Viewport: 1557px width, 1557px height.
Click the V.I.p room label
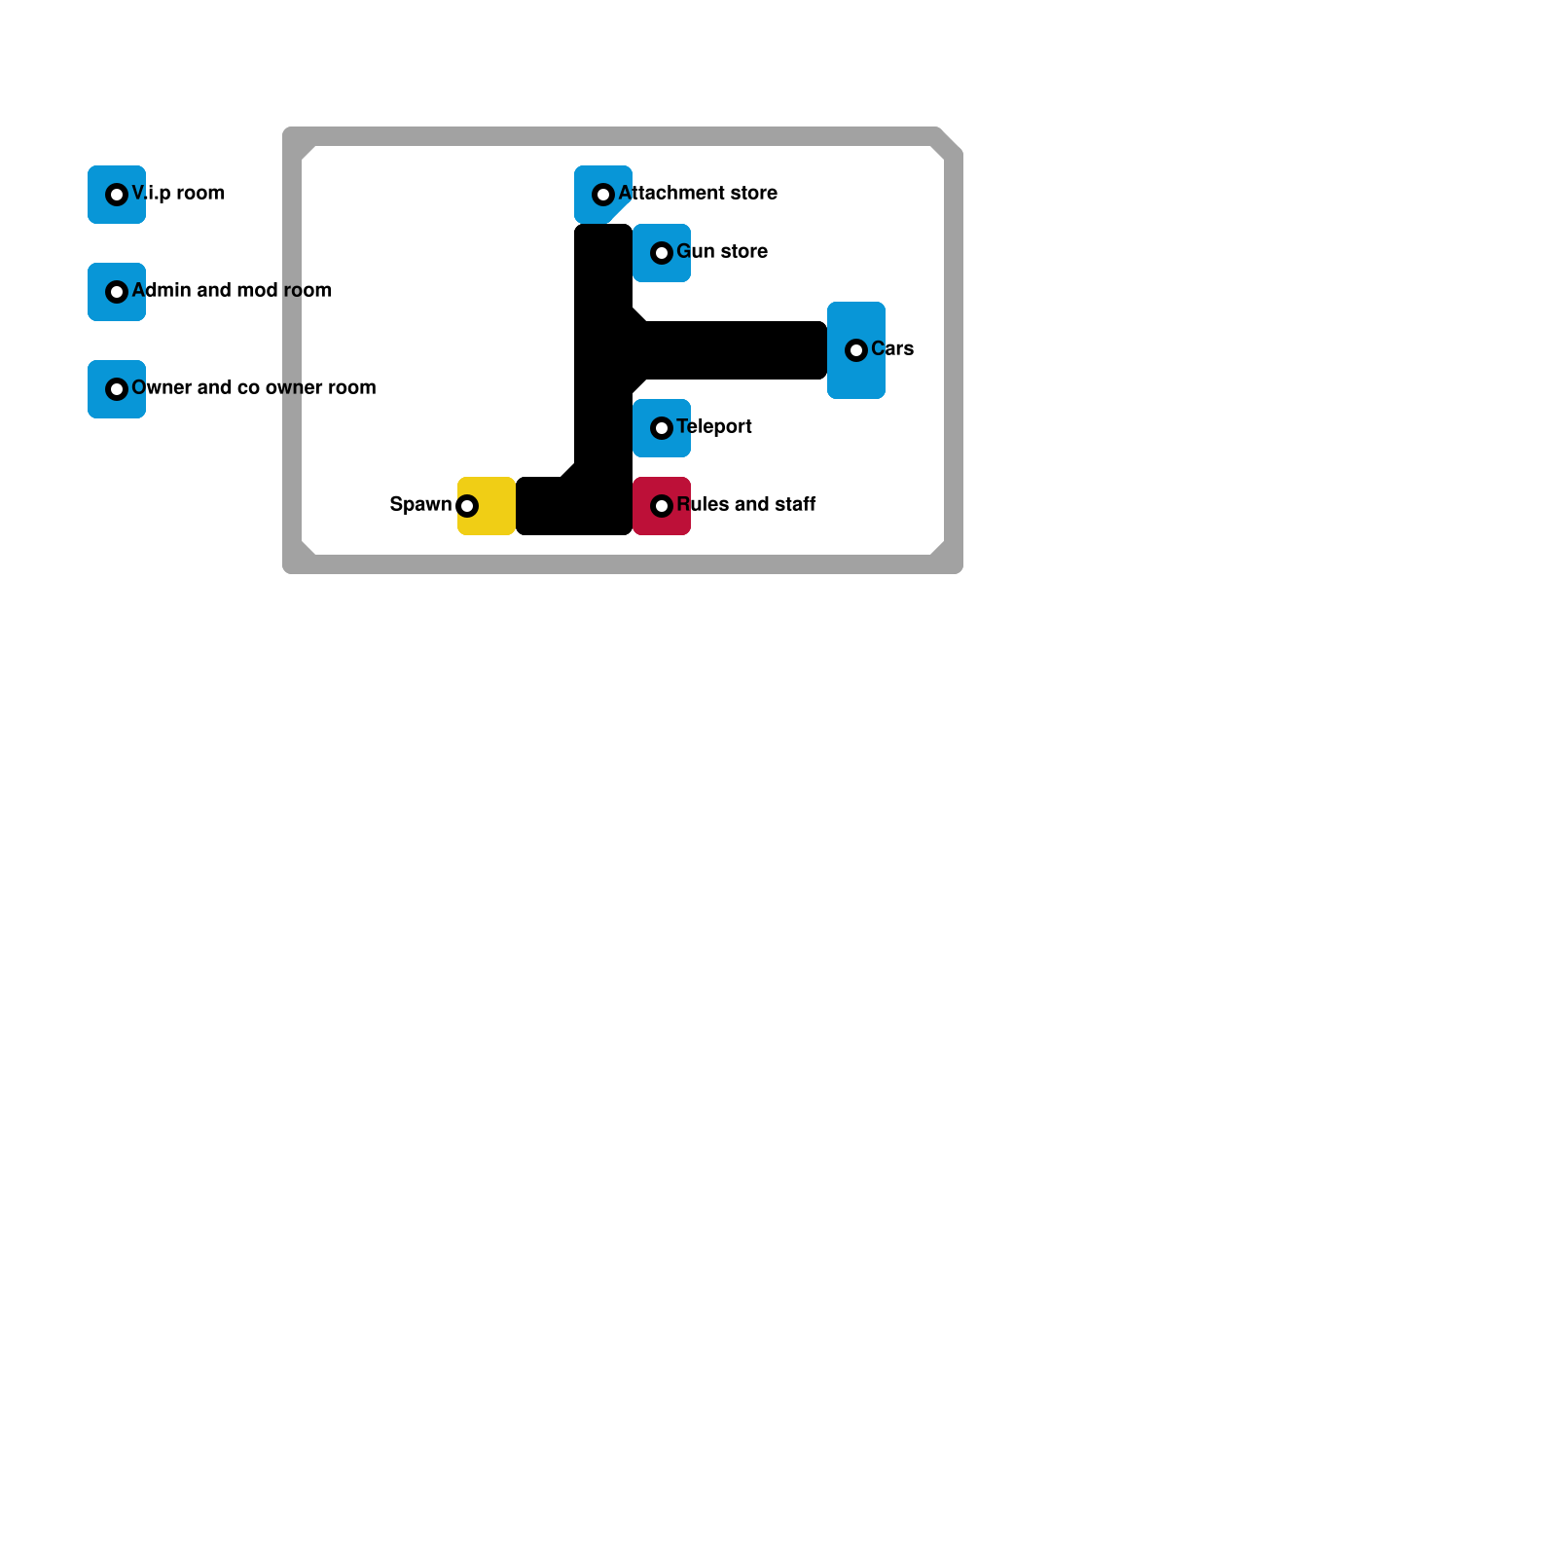178,193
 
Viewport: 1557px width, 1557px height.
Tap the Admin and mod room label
232,290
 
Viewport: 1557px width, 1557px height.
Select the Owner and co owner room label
253,387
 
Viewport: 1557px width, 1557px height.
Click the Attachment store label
698,193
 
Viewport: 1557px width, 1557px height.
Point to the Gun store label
722,251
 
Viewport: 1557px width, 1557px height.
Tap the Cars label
892,348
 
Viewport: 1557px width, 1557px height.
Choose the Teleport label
714,426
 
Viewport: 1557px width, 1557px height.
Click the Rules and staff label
746,504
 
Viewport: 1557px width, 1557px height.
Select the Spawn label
420,504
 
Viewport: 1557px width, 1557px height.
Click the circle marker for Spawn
467,506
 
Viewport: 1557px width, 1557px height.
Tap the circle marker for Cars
856,350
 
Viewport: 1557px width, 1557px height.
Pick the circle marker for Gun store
662,253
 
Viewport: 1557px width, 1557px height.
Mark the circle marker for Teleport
662,428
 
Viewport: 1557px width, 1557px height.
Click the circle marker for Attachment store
603,195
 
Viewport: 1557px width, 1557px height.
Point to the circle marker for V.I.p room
117,195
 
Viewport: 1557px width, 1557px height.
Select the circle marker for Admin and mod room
117,292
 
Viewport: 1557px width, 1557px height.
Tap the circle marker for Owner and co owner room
117,389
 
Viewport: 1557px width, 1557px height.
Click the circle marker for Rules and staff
662,506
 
